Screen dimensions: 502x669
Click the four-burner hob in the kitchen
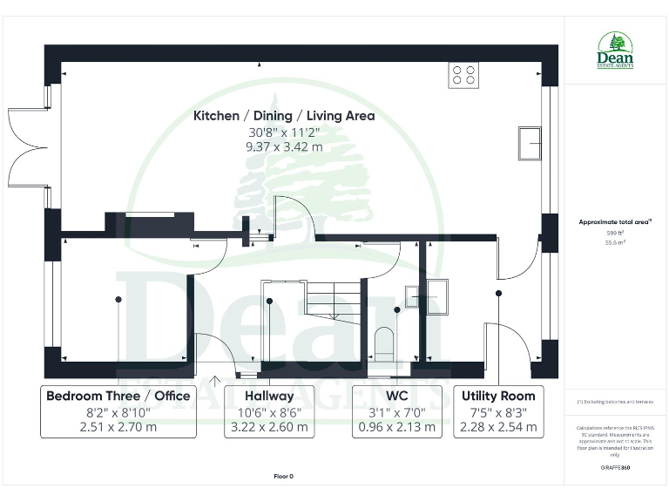tap(463, 75)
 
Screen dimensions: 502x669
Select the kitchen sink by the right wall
tap(529, 144)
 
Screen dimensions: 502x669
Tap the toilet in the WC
tap(383, 341)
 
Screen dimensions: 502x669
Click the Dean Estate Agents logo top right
tap(615, 51)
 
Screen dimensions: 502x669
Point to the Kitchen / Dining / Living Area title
tap(284, 116)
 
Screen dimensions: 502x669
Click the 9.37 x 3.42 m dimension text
tap(284, 147)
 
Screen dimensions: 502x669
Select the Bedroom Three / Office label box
tap(118, 411)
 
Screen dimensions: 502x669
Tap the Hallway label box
tap(269, 411)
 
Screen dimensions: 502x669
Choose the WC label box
tap(397, 411)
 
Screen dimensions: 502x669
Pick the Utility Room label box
tap(499, 411)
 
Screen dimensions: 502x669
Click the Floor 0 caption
tap(284, 477)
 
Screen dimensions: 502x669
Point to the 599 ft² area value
tap(615, 233)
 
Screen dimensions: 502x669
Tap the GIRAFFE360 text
tap(615, 468)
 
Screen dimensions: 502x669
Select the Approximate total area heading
tap(615, 222)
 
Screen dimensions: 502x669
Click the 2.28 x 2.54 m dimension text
tap(499, 428)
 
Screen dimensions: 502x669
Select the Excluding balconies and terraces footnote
tap(615, 401)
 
